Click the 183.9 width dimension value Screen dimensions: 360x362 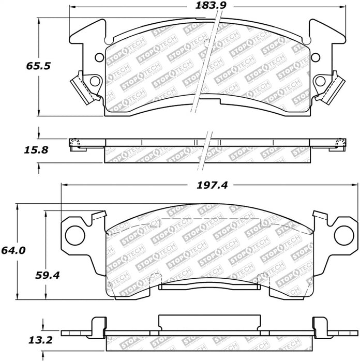click(x=211, y=5)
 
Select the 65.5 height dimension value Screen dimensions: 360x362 click(x=38, y=66)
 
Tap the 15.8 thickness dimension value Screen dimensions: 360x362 click(x=36, y=150)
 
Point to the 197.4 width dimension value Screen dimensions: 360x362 click(x=212, y=185)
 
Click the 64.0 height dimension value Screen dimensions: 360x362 click(x=13, y=250)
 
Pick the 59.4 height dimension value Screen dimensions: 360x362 click(x=48, y=275)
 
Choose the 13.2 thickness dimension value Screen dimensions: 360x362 click(x=40, y=340)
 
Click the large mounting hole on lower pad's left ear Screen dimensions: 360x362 click(x=75, y=235)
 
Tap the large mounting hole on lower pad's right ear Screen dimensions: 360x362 click(x=344, y=235)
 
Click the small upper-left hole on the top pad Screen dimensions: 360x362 click(x=99, y=57)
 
